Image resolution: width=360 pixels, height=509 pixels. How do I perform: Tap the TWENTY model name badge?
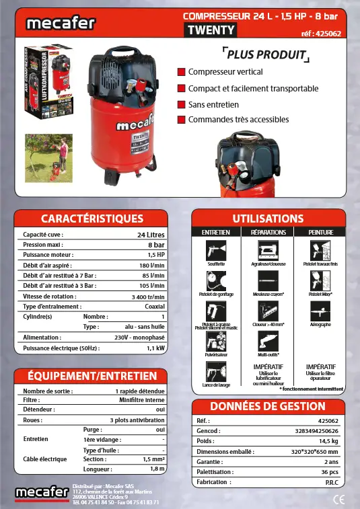[211, 30]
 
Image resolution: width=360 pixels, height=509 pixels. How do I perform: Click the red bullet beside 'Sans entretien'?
[181, 104]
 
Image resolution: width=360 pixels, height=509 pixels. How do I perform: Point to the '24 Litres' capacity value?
[151, 235]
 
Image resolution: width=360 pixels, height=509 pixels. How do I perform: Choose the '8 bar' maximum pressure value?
[156, 245]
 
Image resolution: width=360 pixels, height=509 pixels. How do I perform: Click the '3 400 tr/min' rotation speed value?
[148, 296]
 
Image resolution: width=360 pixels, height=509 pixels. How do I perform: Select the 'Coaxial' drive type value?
[155, 306]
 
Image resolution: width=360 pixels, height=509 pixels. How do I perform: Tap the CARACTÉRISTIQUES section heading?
[92, 218]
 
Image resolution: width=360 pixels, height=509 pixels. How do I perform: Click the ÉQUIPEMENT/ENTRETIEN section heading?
[92, 376]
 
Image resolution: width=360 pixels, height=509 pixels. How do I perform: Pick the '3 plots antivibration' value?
[137, 420]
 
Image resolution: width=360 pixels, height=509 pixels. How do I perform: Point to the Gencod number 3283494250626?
[316, 430]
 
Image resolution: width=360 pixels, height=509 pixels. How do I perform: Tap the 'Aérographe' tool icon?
[321, 311]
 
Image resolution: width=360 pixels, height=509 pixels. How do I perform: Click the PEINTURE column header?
[321, 232]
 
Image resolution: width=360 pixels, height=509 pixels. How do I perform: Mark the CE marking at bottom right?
[339, 498]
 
